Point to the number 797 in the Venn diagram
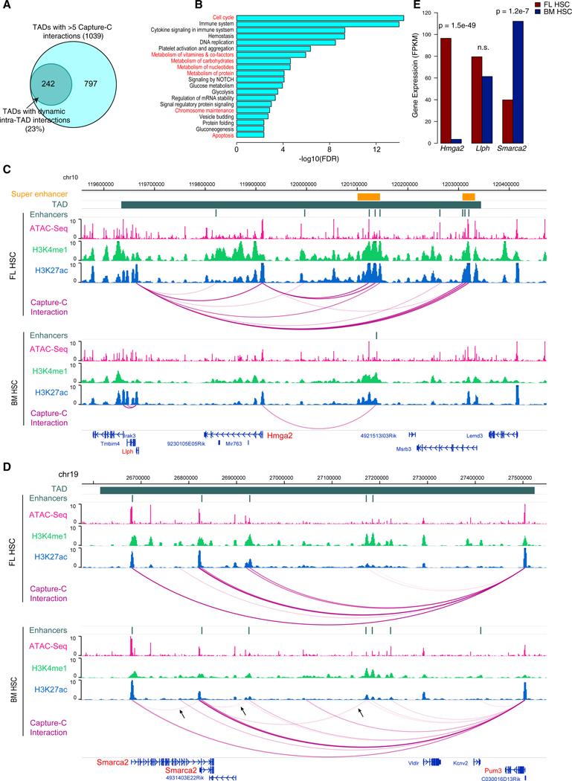pyautogui.click(x=113, y=85)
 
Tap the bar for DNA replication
pyautogui.click(x=286, y=42)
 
